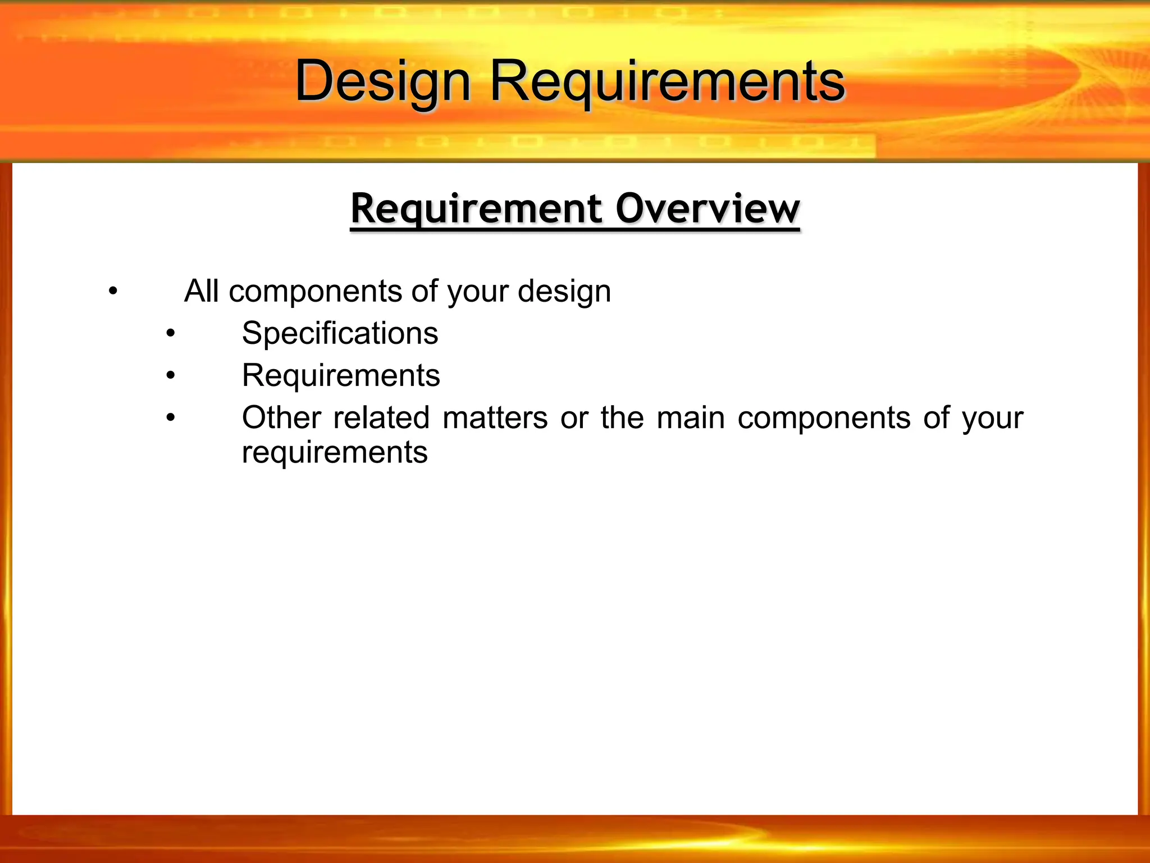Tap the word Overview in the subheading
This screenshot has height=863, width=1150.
707,209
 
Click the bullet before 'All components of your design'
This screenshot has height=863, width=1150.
113,292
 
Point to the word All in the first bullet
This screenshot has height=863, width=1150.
201,292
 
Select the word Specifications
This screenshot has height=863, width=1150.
340,333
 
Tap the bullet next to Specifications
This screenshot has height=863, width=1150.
171,334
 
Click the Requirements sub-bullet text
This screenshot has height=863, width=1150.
341,375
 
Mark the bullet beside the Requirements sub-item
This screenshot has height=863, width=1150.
171,376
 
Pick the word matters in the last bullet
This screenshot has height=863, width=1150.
495,418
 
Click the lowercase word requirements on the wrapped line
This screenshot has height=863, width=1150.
335,453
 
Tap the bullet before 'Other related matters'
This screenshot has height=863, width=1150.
171,419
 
